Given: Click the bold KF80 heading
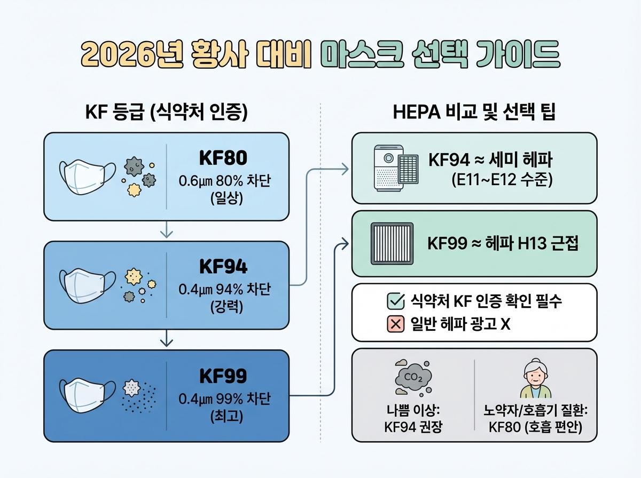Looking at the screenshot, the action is (223, 159).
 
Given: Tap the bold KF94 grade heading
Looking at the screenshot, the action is (223, 267).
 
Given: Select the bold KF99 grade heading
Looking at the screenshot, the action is (223, 376).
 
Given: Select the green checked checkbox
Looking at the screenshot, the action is (394, 302).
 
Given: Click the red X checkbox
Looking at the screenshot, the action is (394, 324).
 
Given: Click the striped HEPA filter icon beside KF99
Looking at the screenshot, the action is (392, 243).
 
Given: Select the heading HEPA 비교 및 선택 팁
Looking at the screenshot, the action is (474, 113).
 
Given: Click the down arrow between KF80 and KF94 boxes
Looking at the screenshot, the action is (167, 230).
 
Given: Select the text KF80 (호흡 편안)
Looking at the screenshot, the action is (535, 427).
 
